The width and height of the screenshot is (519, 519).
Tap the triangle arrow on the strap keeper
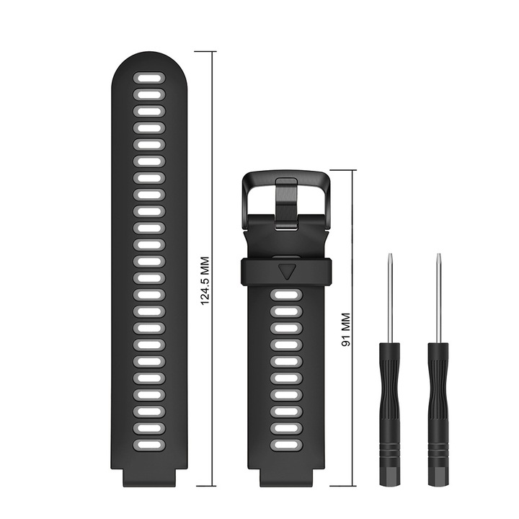coord(286,271)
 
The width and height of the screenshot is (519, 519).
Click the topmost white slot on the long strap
coord(149,76)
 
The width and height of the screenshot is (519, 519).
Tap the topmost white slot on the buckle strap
coord(286,295)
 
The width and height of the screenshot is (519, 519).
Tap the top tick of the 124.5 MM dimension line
coord(205,52)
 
